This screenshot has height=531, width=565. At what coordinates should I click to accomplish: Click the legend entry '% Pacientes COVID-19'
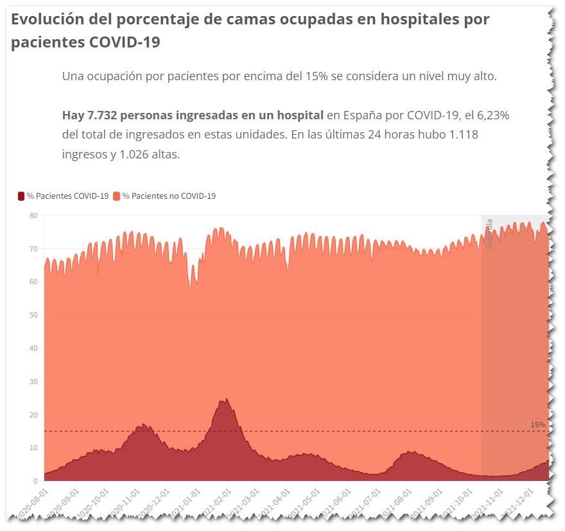point(67,196)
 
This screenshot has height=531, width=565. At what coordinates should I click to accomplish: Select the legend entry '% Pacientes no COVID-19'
point(169,196)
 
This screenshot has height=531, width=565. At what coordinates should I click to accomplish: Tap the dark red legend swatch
point(21,196)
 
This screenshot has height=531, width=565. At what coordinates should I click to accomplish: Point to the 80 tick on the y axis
point(33,215)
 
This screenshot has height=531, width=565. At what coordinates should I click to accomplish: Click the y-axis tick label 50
point(33,315)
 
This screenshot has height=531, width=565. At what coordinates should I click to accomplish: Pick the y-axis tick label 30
point(33,382)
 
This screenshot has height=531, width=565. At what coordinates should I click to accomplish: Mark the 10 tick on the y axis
point(33,448)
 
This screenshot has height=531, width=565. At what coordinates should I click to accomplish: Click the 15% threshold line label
point(537,425)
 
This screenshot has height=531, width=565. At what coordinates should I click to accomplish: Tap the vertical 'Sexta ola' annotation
point(489,234)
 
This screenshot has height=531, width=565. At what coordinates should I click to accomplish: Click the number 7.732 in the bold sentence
point(101,115)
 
